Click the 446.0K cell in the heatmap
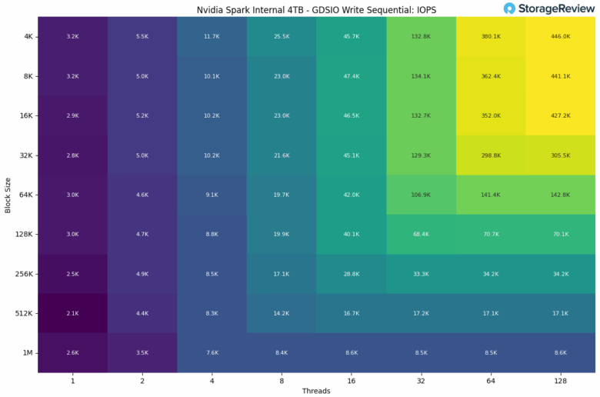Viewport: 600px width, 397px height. [560, 36]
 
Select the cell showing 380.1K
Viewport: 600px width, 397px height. [491, 36]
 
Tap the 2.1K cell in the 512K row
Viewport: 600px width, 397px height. [72, 312]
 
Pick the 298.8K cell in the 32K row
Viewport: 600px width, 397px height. [491, 155]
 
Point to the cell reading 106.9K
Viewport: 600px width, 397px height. [421, 195]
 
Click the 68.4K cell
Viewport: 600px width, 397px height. [421, 234]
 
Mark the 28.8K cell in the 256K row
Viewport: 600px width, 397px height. [351, 273]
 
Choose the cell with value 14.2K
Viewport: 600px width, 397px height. [282, 312]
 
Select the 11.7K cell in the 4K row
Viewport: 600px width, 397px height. [212, 36]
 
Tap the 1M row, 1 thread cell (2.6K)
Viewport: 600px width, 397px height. [72, 352]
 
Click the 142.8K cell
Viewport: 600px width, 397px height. [560, 195]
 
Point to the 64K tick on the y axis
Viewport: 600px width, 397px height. [25, 195]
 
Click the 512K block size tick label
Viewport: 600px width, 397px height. [24, 312]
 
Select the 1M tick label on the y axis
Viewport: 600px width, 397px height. [27, 352]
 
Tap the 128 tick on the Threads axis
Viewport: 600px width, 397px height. [560, 380]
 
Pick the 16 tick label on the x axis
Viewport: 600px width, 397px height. [351, 380]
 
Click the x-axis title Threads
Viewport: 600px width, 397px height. [316, 391]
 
